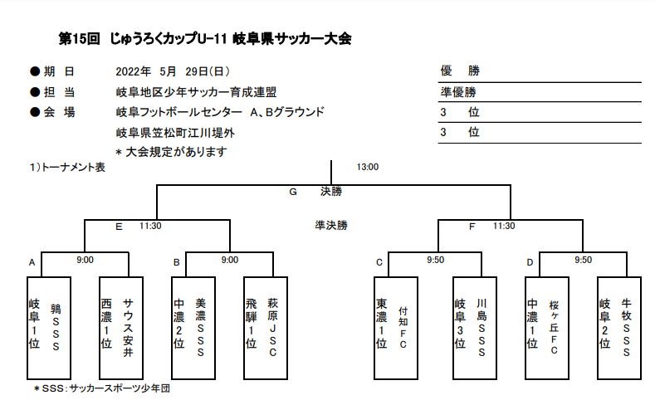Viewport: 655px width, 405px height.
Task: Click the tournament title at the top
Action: (x=205, y=39)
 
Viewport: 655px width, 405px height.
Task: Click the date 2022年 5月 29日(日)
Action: (x=173, y=71)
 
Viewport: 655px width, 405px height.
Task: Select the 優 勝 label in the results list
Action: (x=460, y=71)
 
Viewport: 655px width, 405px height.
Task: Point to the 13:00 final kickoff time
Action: (x=367, y=167)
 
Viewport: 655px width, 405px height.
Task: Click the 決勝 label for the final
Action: (x=330, y=192)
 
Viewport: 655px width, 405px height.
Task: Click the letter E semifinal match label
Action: (x=119, y=226)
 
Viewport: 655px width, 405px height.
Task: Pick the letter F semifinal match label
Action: (x=472, y=226)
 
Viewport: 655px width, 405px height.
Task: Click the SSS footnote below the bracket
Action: (x=101, y=388)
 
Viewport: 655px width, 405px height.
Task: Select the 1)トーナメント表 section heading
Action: (x=66, y=167)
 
